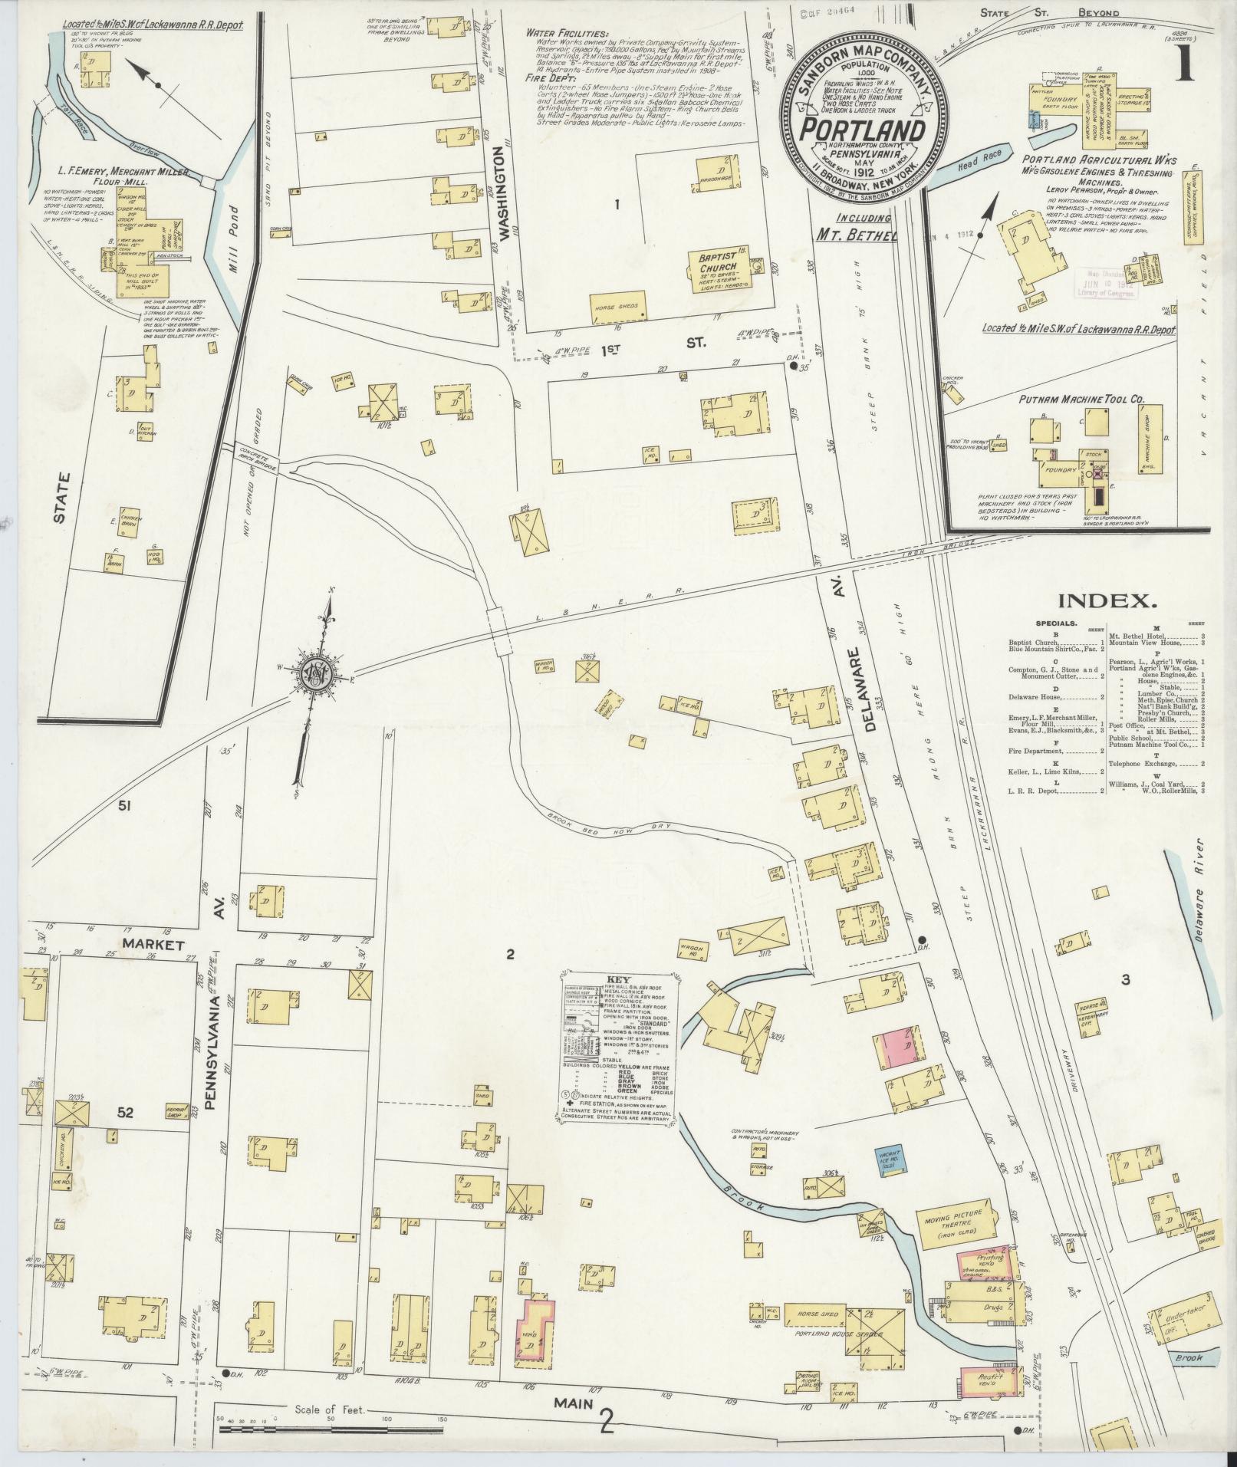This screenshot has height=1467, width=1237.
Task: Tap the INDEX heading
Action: point(1104,601)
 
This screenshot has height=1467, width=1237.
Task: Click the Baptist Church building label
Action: point(719,262)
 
